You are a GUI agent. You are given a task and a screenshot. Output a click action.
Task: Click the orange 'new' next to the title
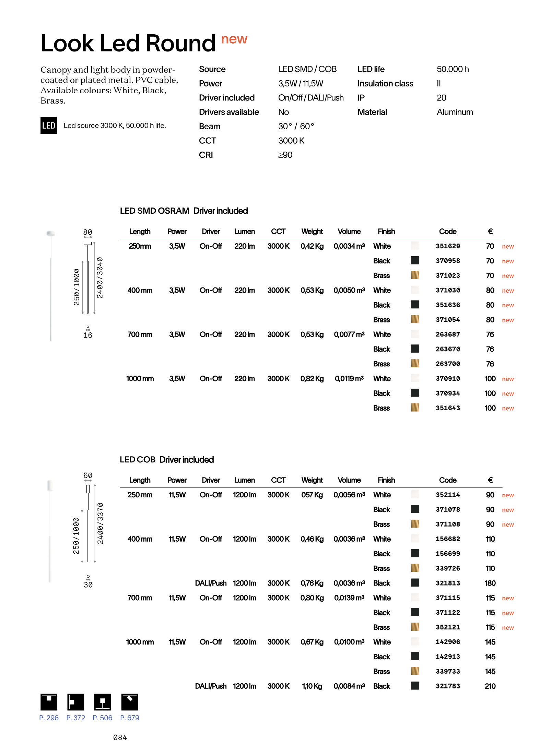pyautogui.click(x=234, y=39)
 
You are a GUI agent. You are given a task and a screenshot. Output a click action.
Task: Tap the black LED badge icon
pyautogui.click(x=49, y=126)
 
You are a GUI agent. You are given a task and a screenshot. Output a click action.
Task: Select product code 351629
pyautogui.click(x=448, y=246)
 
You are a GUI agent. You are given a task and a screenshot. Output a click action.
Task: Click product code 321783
pyautogui.click(x=448, y=686)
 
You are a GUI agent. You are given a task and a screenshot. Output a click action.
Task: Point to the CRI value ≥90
pyautogui.click(x=285, y=155)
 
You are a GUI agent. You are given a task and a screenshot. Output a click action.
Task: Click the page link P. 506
pyautogui.click(x=102, y=718)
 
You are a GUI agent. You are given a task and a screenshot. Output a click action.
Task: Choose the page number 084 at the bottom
pyautogui.click(x=120, y=737)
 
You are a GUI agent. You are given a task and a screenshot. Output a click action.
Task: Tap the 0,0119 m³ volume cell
pyautogui.click(x=349, y=379)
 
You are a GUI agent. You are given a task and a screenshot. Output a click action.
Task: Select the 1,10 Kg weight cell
pyautogui.click(x=312, y=686)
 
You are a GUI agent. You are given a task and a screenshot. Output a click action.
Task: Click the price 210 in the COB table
pyautogui.click(x=490, y=686)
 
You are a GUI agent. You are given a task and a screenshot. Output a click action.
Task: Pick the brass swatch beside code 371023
pyautogui.click(x=415, y=275)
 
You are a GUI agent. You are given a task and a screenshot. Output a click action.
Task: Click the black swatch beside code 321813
pyautogui.click(x=415, y=582)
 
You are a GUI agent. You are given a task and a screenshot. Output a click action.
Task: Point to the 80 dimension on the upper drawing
pyautogui.click(x=88, y=232)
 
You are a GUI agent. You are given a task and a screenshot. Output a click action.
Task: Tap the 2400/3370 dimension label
pyautogui.click(x=100, y=523)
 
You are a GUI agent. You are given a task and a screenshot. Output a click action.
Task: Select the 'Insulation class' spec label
pyautogui.click(x=385, y=84)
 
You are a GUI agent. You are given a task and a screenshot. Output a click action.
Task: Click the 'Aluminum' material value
pyautogui.click(x=455, y=112)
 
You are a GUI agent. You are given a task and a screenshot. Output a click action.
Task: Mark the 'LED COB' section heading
pyautogui.click(x=138, y=460)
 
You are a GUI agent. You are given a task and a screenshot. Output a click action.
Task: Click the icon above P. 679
pyautogui.click(x=130, y=702)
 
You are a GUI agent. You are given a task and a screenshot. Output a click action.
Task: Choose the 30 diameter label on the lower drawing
pyautogui.click(x=88, y=585)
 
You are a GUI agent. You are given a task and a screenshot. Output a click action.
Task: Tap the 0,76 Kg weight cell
pyautogui.click(x=312, y=583)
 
